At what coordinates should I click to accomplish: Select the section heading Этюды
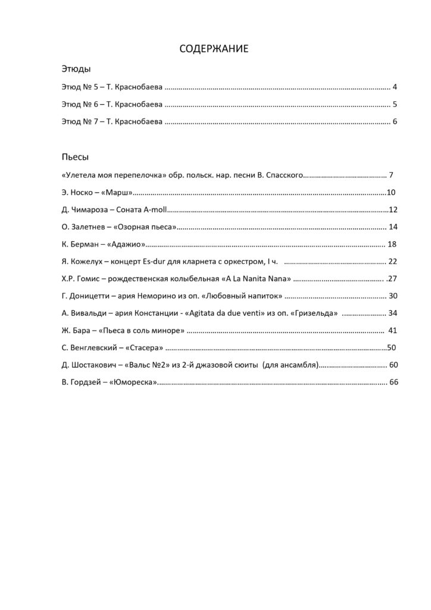click(x=76, y=69)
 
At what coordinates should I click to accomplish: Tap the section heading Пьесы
click(x=75, y=157)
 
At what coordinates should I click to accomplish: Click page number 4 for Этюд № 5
click(x=395, y=88)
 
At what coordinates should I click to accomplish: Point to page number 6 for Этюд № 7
click(x=395, y=123)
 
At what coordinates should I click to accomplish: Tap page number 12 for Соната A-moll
click(x=393, y=210)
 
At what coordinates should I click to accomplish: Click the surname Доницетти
click(x=92, y=296)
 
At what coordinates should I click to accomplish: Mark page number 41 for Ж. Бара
click(x=392, y=331)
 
